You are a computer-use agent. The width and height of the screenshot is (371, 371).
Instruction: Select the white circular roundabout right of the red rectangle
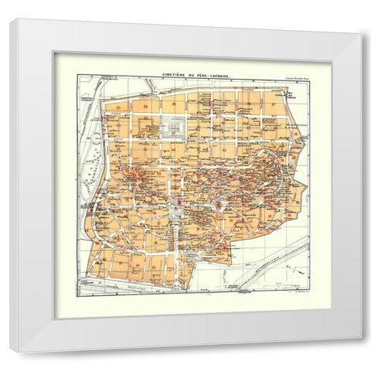tap(219, 204)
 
